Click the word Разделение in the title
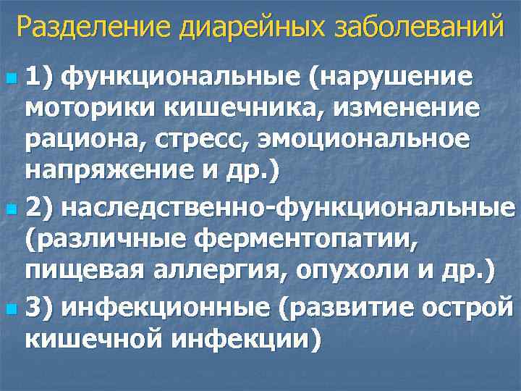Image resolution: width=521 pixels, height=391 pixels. click(89, 28)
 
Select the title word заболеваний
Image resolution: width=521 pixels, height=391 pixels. click(415, 28)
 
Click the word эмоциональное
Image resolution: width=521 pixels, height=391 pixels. click(364, 141)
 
